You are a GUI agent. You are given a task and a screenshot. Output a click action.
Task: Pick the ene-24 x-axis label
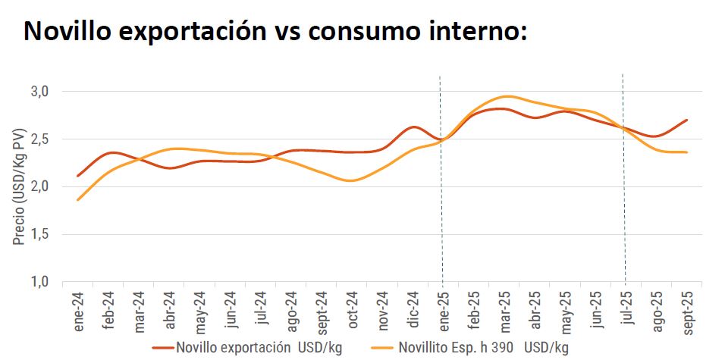point(79,308)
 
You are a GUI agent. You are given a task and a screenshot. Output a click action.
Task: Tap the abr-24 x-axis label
point(169,308)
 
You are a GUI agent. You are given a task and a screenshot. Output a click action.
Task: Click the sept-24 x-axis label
point(322,311)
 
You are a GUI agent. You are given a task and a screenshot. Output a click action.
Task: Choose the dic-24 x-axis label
point(413,308)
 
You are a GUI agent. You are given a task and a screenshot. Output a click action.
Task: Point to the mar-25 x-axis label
point(504,308)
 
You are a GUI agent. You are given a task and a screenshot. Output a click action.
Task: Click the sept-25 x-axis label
point(686,311)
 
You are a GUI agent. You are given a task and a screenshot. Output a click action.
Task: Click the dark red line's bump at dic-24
point(413,127)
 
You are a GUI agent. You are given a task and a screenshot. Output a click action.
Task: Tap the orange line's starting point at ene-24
point(78,200)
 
